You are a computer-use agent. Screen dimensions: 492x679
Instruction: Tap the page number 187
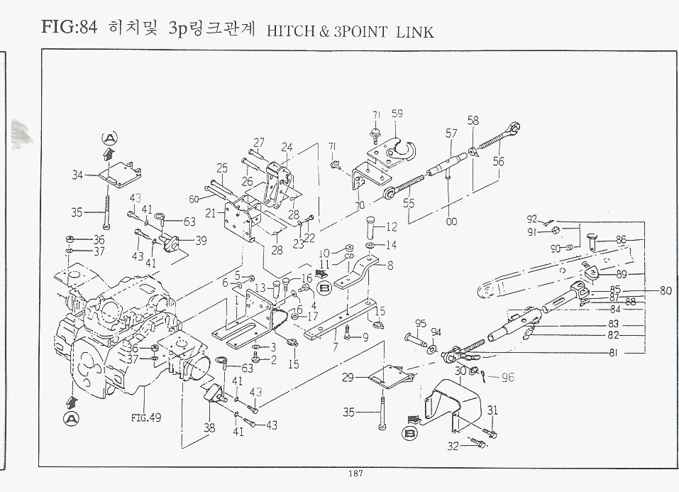point(357,474)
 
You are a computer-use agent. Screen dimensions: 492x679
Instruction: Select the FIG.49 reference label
point(145,417)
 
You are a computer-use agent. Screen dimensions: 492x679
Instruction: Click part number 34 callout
point(78,173)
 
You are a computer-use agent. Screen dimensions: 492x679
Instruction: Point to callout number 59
point(397,113)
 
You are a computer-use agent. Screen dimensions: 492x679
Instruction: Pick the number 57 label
point(451,133)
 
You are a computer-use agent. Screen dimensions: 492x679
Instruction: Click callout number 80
point(665,290)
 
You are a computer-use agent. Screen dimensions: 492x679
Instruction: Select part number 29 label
point(348,378)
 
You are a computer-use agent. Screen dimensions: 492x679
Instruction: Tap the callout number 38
point(209,428)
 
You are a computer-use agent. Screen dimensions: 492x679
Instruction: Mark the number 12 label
point(392,227)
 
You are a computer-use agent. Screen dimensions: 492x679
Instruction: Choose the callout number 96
point(508,377)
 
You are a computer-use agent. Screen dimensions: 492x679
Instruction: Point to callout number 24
point(287,147)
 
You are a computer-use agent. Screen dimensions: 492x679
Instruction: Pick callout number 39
point(201,241)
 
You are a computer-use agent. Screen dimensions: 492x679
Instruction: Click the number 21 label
point(211,213)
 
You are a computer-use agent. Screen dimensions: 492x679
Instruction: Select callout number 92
point(531,218)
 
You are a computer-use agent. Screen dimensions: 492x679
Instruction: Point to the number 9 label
point(365,337)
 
